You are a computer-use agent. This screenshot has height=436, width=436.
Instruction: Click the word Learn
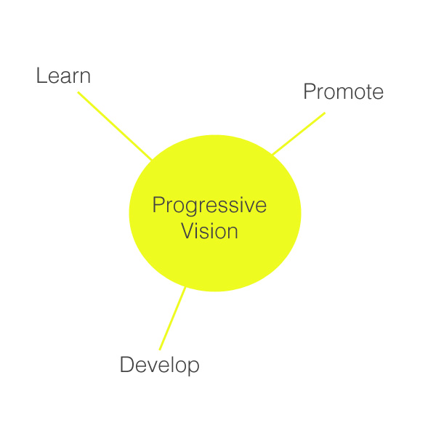click(x=63, y=76)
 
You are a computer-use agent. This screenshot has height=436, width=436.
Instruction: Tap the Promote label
click(x=344, y=92)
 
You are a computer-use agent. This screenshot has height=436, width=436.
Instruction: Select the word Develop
click(x=160, y=365)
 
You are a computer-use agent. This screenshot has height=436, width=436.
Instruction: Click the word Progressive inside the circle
click(x=209, y=206)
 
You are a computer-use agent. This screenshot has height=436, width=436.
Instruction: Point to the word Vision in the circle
click(x=210, y=230)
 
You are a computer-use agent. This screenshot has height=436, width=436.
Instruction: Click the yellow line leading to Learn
click(x=115, y=126)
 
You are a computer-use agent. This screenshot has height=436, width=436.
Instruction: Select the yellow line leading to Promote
click(x=299, y=133)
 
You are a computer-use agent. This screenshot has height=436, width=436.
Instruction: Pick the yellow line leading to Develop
click(x=172, y=318)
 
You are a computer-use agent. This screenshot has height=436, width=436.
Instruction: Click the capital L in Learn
click(x=41, y=76)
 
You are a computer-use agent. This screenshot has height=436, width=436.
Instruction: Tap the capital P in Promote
click(x=310, y=92)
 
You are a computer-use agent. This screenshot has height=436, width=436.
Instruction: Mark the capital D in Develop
click(x=126, y=364)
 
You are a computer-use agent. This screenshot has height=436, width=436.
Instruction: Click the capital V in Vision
click(x=188, y=230)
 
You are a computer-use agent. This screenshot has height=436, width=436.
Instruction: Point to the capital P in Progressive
click(x=158, y=204)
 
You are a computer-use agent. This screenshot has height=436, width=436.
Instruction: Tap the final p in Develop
click(x=193, y=368)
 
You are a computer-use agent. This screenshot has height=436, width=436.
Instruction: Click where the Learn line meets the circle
click(x=152, y=160)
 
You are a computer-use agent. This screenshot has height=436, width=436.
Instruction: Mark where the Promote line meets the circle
click(x=272, y=154)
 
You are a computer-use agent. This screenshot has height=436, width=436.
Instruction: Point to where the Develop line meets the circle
click(x=185, y=288)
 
